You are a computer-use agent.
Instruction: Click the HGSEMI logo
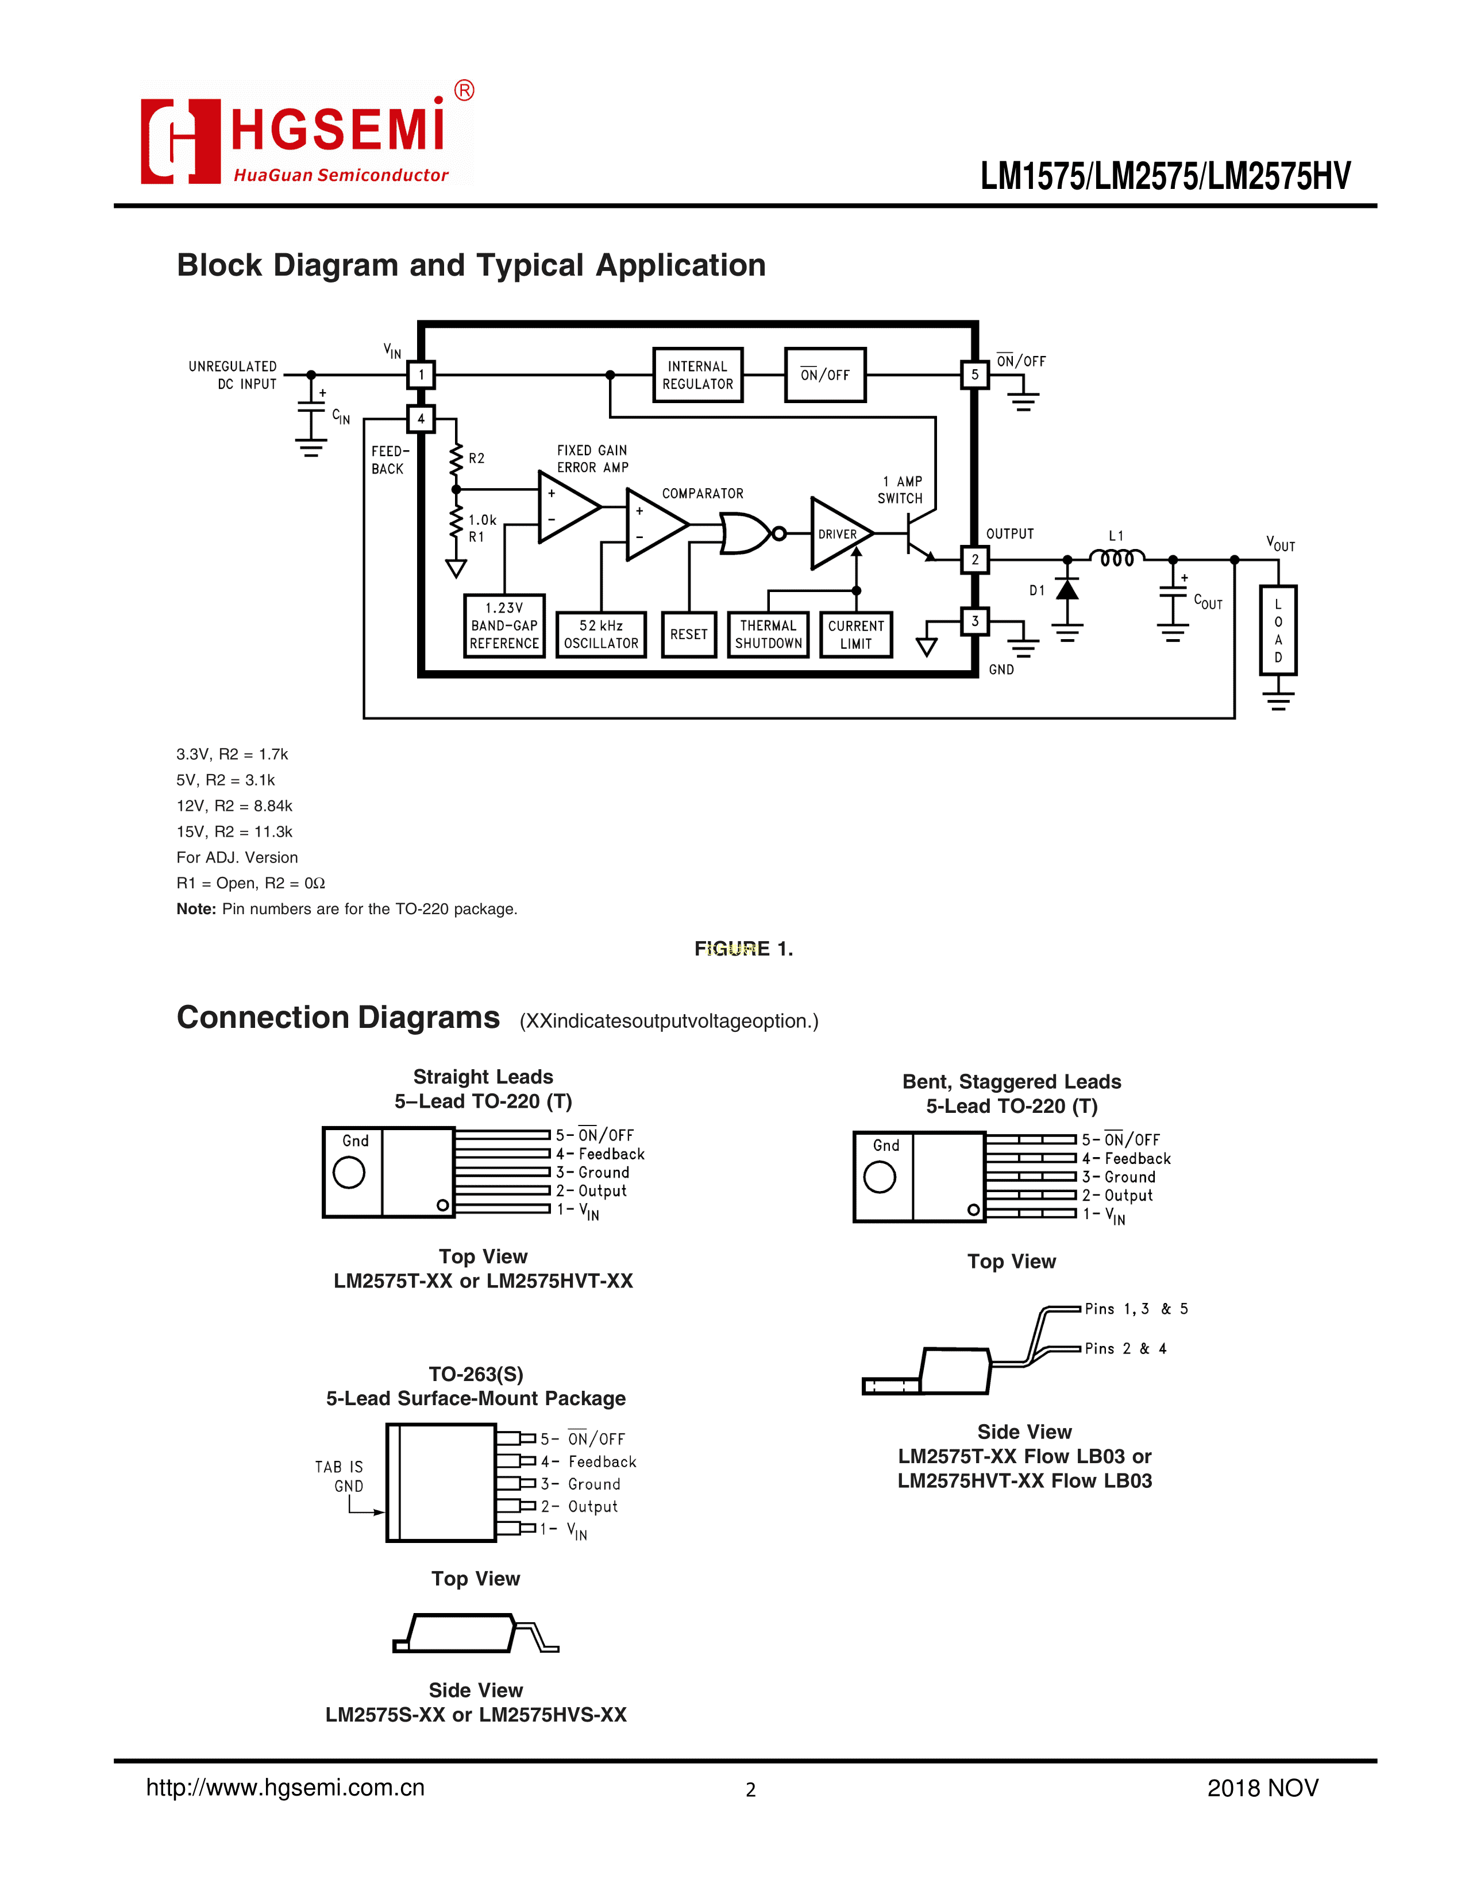tap(307, 133)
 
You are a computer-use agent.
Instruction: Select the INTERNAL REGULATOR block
tap(698, 375)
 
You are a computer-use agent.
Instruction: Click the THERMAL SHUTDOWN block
tap(768, 635)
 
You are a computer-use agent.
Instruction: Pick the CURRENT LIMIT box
tap(856, 635)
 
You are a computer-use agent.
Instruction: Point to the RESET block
tap(689, 635)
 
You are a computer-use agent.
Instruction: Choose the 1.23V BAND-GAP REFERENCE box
tap(504, 625)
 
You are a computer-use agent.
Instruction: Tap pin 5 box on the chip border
tap(974, 375)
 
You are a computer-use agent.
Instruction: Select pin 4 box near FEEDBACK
tap(421, 419)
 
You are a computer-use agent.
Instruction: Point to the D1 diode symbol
tap(1067, 590)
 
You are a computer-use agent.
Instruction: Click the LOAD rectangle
tap(1278, 630)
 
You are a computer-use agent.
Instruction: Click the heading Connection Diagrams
tap(338, 1018)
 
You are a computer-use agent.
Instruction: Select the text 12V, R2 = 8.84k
tap(234, 806)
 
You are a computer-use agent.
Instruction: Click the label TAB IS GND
tap(340, 1476)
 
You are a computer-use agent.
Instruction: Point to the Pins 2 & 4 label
tap(1125, 1348)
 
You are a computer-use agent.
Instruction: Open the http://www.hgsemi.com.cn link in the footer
tap(286, 1788)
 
